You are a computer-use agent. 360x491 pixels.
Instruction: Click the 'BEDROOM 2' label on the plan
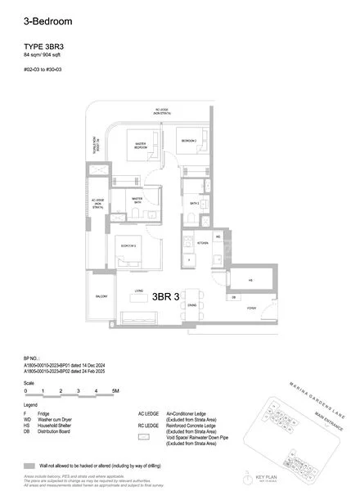188,141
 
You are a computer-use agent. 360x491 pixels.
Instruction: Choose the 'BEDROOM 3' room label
128,245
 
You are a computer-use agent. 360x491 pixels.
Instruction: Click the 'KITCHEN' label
201,242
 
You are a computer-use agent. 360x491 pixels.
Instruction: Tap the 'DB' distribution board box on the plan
233,297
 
